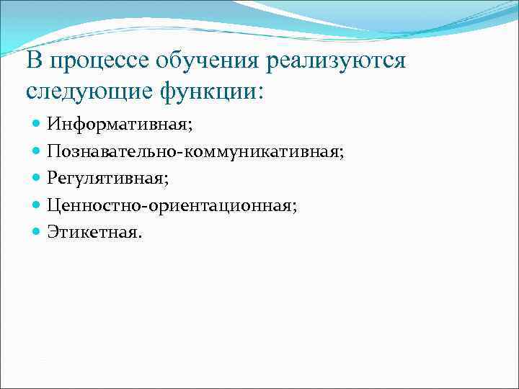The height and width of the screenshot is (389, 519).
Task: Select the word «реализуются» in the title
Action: click(x=336, y=62)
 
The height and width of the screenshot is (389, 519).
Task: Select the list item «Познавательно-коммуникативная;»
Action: click(x=195, y=152)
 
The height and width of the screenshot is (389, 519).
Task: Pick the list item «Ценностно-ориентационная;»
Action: click(x=172, y=206)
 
